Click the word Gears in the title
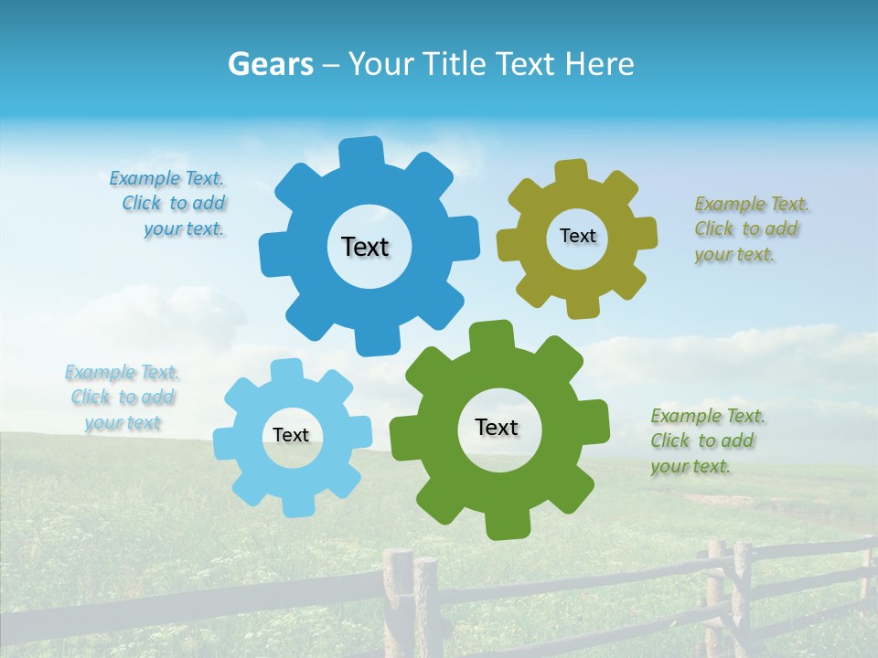pos(270,64)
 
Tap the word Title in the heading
pos(457,64)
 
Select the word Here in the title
pos(600,64)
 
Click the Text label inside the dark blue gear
pos(365,247)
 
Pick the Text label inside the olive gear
pos(577,236)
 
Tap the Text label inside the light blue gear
pos(291,435)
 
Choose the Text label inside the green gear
pos(497,427)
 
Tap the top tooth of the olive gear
pos(572,171)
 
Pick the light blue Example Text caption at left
pos(123,398)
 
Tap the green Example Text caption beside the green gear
pos(706,440)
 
